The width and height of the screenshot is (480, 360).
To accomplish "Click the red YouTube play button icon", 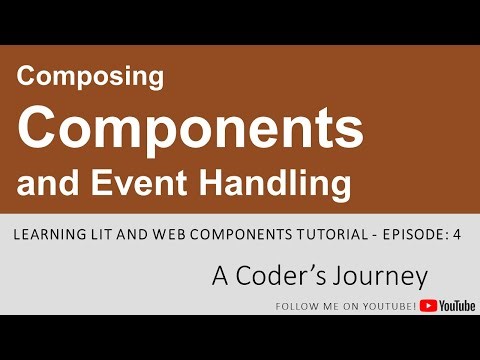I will coord(427,306).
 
